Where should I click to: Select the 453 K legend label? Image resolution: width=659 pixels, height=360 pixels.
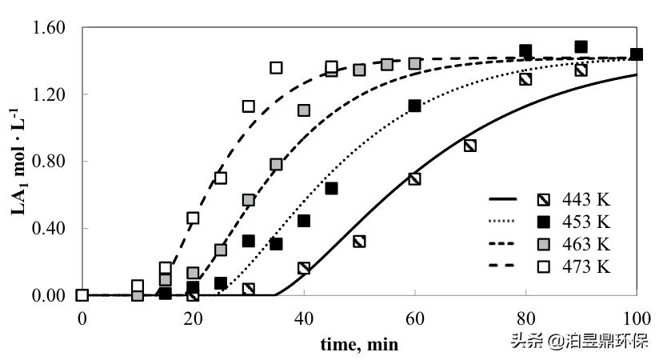click(587, 221)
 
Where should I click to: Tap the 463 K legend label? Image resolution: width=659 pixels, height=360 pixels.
click(587, 243)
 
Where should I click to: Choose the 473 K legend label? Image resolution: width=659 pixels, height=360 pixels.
click(587, 266)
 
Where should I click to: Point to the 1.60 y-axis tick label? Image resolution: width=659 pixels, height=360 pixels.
click(50, 28)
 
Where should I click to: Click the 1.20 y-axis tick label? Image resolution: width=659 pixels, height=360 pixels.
click(50, 94)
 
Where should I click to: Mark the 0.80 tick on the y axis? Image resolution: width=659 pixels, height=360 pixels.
click(50, 162)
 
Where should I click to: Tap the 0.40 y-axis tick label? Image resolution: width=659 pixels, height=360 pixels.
click(50, 228)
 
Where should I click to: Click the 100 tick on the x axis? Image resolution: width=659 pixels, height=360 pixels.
click(637, 316)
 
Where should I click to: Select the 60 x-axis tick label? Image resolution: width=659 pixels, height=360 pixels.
click(414, 316)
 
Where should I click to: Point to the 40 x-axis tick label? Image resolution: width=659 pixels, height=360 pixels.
click(303, 316)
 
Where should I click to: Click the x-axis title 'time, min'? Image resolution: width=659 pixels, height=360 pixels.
click(359, 344)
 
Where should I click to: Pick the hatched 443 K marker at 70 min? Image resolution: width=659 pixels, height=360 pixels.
click(470, 146)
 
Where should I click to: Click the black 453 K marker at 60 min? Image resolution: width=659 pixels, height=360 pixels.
click(414, 106)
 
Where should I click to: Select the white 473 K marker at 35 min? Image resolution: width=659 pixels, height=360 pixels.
click(276, 68)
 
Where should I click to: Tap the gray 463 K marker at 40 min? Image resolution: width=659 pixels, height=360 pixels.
click(304, 110)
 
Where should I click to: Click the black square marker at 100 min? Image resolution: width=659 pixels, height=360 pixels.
click(637, 54)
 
